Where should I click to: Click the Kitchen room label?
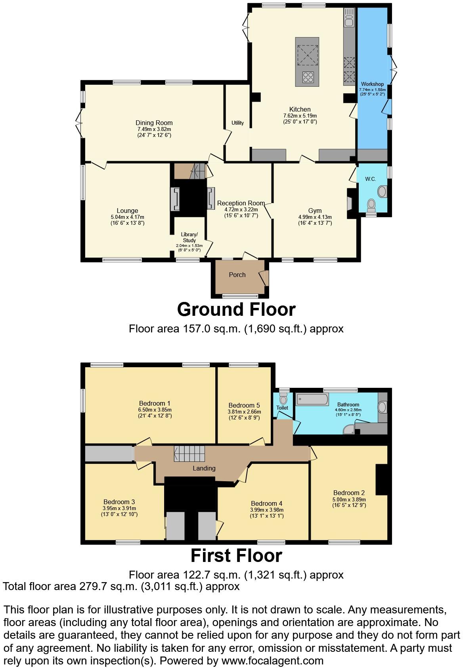(x=300, y=109)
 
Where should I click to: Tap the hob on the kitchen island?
(x=308, y=77)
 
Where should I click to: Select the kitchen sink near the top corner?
(x=348, y=18)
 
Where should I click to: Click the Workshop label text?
(x=372, y=84)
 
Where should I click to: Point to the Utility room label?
(x=237, y=123)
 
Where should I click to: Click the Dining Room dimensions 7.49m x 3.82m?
(x=154, y=129)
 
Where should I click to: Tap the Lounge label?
(x=127, y=211)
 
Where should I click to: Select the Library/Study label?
(x=189, y=237)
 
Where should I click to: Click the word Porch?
(x=237, y=275)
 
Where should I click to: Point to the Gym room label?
(x=315, y=211)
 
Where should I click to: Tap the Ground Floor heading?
(x=236, y=309)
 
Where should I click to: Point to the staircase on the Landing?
(x=189, y=453)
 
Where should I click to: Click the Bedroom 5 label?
(x=244, y=405)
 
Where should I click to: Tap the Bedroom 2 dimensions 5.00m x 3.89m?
(x=349, y=499)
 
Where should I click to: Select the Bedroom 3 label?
(x=119, y=502)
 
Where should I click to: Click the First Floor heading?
(x=236, y=556)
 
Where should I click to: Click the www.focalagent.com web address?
(x=272, y=660)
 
